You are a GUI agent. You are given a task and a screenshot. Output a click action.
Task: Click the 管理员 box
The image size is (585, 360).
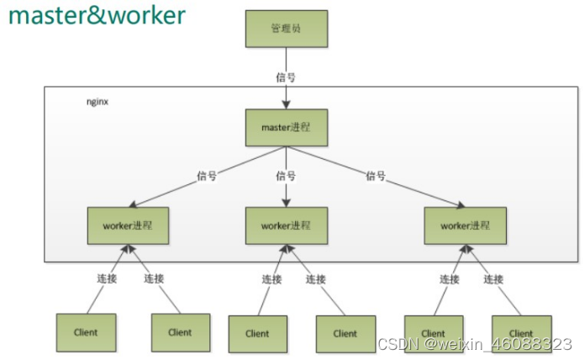pyautogui.click(x=286, y=29)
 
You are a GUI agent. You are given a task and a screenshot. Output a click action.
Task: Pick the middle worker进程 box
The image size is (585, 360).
pyautogui.click(x=286, y=225)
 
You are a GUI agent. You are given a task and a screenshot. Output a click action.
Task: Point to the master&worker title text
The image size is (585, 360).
pyautogui.click(x=97, y=16)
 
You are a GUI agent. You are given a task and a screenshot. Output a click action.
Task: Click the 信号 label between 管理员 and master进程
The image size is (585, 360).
pyautogui.click(x=286, y=77)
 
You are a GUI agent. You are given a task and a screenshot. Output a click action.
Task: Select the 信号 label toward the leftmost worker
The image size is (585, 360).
pyautogui.click(x=207, y=176)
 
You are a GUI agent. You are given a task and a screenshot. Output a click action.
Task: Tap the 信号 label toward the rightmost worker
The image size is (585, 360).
pyautogui.click(x=376, y=176)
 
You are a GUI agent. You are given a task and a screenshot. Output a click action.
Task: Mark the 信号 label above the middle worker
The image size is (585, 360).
pyautogui.click(x=286, y=176)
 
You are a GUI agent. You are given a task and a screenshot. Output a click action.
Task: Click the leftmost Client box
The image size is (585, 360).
pyautogui.click(x=86, y=332)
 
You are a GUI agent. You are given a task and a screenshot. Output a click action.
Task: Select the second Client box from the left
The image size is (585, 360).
pyautogui.click(x=180, y=332)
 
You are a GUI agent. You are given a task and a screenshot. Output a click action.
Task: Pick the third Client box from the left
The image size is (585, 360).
pyautogui.click(x=257, y=333)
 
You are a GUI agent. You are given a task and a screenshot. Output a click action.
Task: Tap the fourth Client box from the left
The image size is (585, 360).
pyautogui.click(x=345, y=333)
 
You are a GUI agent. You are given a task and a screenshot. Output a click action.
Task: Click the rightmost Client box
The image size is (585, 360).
pyautogui.click(x=521, y=333)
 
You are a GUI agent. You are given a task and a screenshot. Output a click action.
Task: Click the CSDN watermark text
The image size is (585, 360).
pyautogui.click(x=475, y=345)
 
